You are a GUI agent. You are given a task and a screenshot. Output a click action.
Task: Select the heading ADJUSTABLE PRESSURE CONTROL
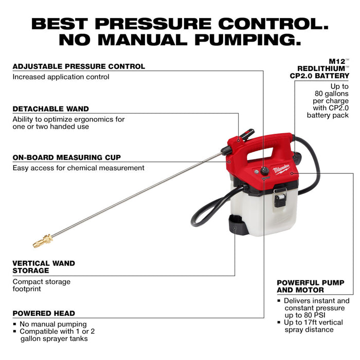pos(79,66)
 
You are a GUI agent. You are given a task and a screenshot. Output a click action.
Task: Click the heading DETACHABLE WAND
pos(50,109)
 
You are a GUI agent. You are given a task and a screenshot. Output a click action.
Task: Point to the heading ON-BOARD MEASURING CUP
pos(67,157)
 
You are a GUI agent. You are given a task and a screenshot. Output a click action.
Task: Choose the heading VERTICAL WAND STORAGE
pos(44,266)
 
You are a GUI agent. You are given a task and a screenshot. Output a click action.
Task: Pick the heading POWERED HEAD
pos(44,313)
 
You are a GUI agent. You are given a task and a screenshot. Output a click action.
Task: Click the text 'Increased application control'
pos(61,77)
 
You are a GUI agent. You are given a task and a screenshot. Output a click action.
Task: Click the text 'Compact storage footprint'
pos(41,285)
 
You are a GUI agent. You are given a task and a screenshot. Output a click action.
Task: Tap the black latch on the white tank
pos(280,197)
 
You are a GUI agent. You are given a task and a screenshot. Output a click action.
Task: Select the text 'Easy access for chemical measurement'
pos(78,168)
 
